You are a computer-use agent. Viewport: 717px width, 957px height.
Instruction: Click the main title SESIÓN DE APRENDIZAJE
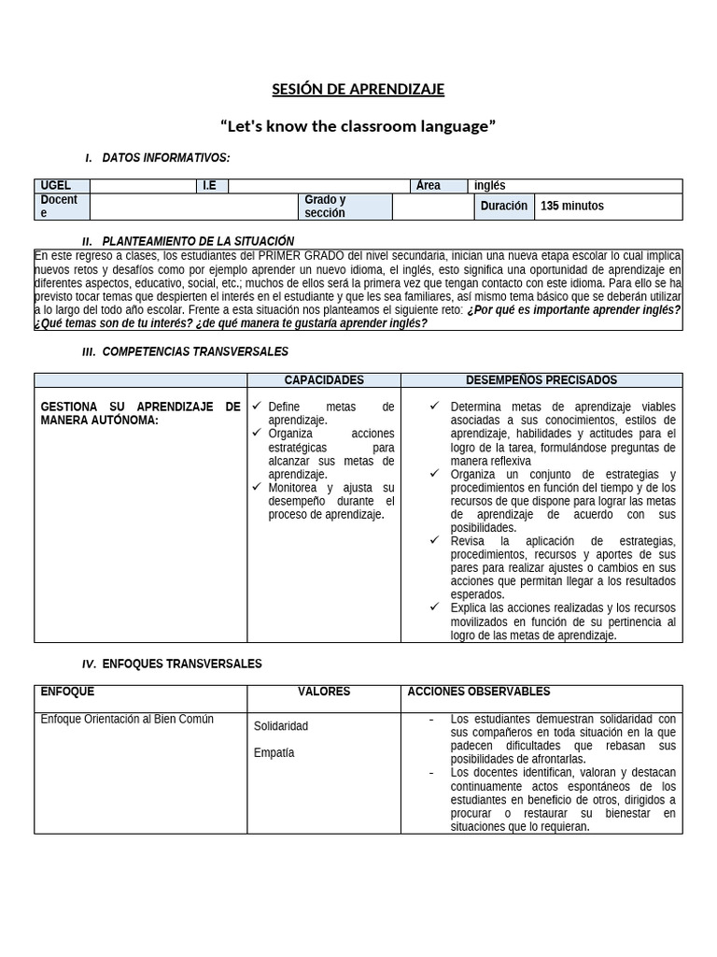tap(358, 90)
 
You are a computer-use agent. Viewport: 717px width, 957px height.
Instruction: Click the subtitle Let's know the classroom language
tap(358, 126)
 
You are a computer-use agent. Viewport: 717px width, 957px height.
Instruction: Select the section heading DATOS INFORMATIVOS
tap(165, 158)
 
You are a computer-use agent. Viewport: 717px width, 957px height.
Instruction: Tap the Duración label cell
tap(503, 207)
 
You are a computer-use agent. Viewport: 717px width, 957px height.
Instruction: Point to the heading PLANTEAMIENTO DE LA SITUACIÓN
tap(197, 241)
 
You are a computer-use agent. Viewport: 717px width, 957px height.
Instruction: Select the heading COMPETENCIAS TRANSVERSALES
tap(195, 352)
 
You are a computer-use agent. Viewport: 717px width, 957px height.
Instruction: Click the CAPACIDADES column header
tap(323, 380)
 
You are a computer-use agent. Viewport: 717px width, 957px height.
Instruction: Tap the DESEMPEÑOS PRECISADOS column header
tap(541, 380)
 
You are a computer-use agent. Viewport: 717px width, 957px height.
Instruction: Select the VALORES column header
tap(323, 693)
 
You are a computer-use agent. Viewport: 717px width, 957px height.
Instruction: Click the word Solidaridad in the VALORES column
tap(281, 726)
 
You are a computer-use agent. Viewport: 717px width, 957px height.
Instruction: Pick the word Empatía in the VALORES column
tap(274, 753)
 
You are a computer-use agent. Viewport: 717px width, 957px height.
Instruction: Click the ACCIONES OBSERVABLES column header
tap(479, 693)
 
